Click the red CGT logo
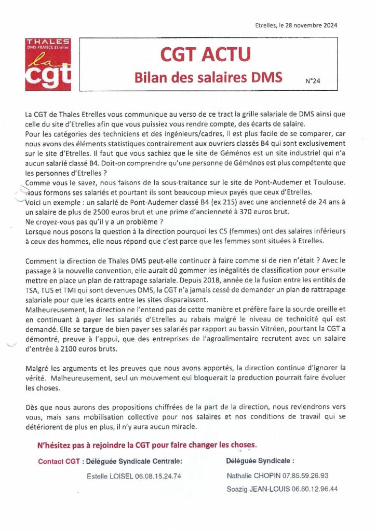point(48,64)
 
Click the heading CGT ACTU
point(205,53)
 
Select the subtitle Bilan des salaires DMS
point(208,77)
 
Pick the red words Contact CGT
point(59,462)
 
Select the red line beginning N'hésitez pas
point(147,445)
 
